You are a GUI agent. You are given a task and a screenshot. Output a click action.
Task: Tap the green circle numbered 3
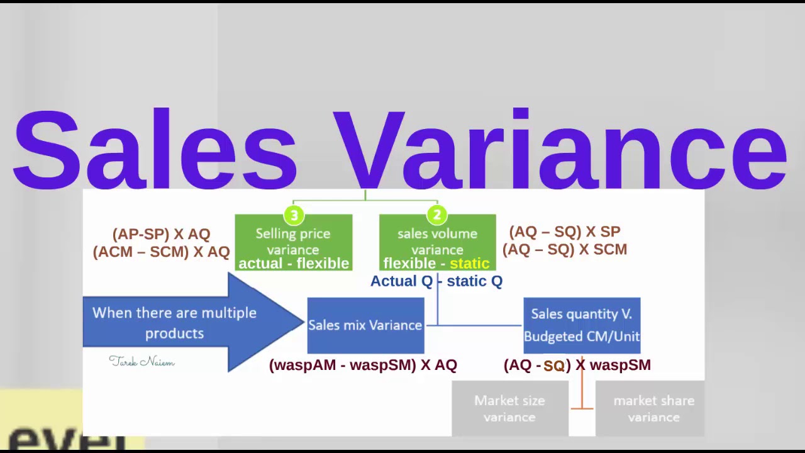coord(294,216)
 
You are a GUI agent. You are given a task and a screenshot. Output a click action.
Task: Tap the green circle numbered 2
coord(437,216)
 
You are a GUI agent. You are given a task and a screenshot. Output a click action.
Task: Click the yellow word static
coord(469,264)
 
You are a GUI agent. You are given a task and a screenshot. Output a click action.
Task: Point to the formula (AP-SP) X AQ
coord(161,234)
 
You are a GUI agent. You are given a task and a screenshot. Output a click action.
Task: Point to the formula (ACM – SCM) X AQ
coord(161,252)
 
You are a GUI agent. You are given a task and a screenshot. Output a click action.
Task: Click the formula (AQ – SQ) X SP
coord(565,232)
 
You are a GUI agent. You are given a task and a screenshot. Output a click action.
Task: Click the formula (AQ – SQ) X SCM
coord(565,249)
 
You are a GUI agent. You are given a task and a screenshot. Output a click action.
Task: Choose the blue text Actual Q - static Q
coord(436,281)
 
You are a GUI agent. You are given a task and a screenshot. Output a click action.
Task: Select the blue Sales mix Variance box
coord(365,325)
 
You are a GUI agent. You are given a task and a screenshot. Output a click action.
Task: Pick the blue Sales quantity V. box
coord(582,325)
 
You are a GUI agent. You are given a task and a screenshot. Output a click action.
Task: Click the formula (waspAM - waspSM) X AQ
coord(363,365)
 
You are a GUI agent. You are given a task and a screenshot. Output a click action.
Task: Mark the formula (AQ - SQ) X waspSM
coord(577,365)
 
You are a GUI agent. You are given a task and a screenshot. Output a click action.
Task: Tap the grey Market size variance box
coord(509,408)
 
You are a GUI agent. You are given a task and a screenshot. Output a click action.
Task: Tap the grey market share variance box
coord(653,408)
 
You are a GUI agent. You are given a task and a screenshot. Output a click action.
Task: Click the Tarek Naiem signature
coord(142,361)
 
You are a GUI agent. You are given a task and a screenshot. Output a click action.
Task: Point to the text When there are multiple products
coord(174,323)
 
